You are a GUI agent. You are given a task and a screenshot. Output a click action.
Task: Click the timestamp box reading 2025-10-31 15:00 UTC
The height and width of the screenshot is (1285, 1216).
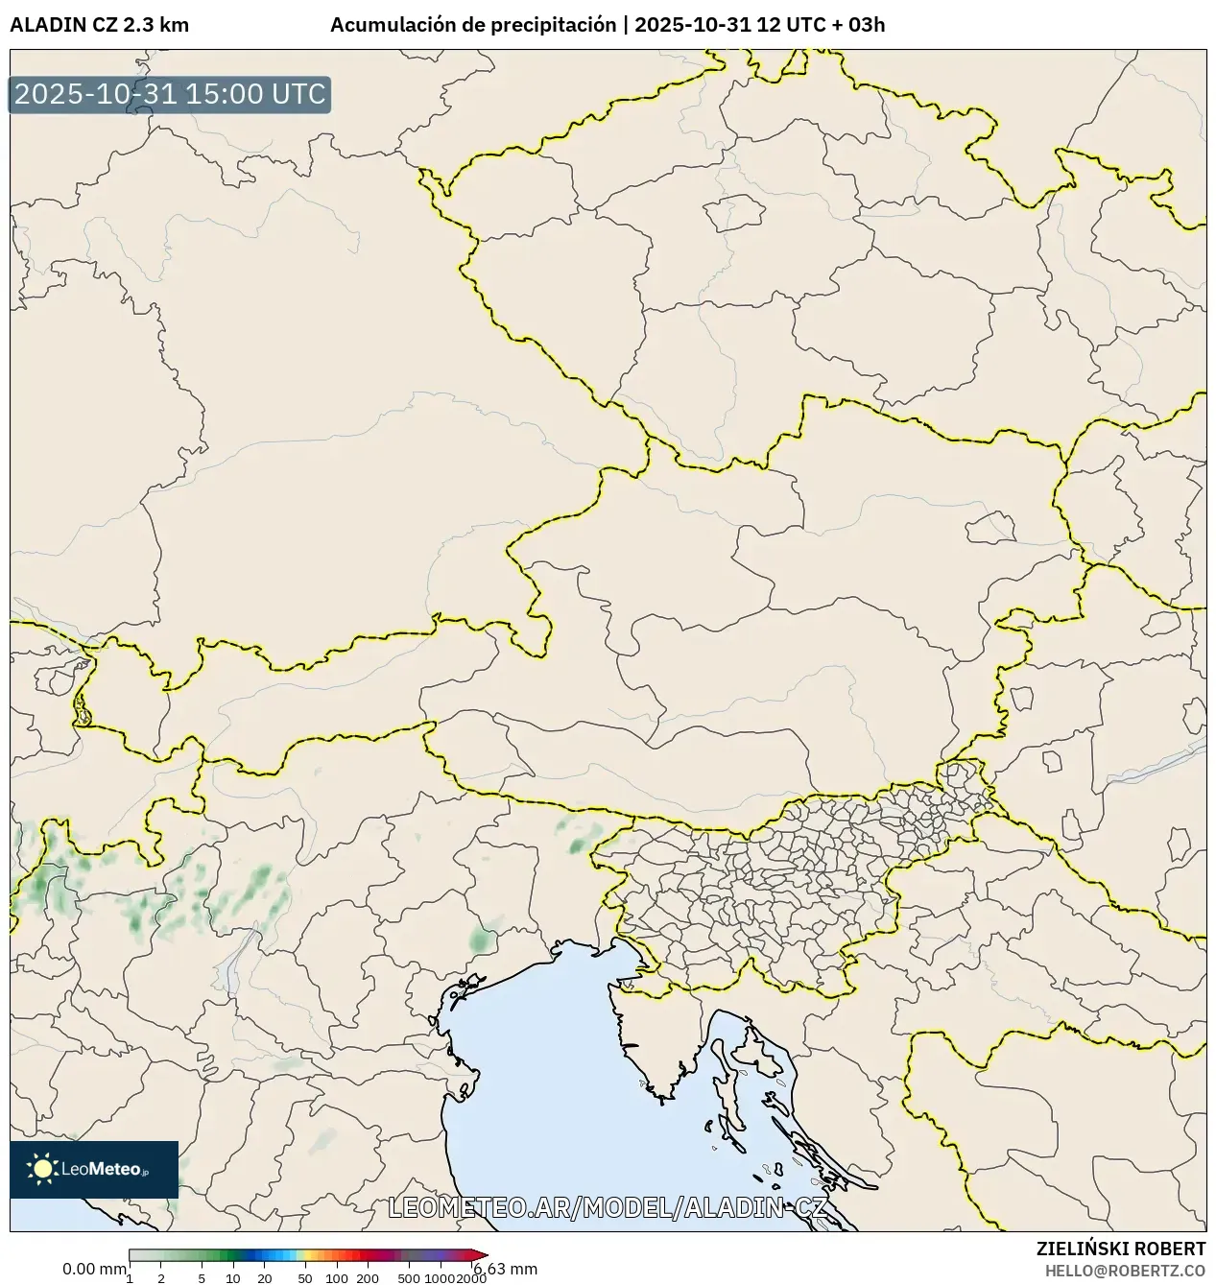point(170,95)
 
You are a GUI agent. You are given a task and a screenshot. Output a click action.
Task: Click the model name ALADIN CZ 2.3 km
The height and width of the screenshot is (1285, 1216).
point(99,25)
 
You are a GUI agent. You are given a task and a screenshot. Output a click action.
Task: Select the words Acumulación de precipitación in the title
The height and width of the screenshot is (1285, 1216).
point(472,25)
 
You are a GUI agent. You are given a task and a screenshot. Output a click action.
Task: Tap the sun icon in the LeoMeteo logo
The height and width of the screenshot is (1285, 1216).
point(42,1168)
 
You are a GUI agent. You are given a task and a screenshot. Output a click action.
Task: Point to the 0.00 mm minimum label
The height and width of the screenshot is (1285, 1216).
point(94,1269)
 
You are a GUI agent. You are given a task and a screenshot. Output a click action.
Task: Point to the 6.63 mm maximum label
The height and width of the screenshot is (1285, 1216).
point(506,1269)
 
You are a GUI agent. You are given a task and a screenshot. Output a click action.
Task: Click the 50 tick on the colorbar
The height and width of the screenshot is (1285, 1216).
point(305,1278)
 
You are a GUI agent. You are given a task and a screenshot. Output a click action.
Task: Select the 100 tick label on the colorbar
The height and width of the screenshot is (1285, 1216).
point(337,1278)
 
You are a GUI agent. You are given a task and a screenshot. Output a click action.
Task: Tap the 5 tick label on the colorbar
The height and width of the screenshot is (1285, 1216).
point(202,1278)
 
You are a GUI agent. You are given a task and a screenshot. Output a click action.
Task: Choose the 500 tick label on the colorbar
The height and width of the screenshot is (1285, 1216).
point(409,1278)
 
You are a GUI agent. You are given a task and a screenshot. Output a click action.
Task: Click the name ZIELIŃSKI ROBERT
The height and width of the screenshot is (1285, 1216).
point(1120,1249)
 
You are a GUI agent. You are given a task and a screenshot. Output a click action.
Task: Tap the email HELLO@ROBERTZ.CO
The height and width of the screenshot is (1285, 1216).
point(1125,1270)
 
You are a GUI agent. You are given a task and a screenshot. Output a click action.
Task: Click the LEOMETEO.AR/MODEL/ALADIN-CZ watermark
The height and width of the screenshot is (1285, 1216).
point(608,1207)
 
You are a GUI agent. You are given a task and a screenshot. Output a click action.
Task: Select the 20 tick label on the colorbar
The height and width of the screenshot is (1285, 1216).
point(265,1278)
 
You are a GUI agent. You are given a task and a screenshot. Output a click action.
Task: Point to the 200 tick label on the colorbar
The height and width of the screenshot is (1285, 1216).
point(368,1278)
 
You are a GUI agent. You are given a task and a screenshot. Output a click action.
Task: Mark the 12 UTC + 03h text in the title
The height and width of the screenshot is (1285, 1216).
point(821,25)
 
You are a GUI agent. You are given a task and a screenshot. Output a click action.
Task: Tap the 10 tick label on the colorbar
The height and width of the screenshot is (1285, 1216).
point(233,1278)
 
